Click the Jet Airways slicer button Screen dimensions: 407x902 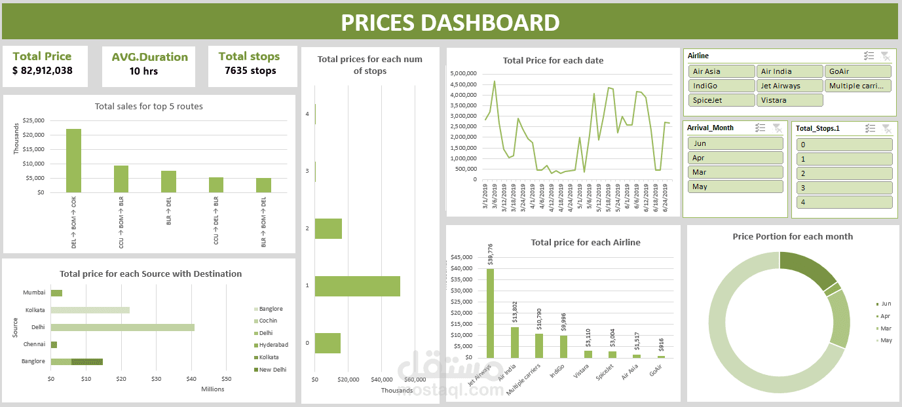[x=789, y=86]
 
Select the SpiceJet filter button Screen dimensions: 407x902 [x=721, y=100]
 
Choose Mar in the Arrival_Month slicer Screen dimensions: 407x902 [x=735, y=172]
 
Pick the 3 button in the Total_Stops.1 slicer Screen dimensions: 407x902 [x=844, y=188]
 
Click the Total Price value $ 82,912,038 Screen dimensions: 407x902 [x=43, y=71]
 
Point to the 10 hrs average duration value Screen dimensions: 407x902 [x=143, y=71]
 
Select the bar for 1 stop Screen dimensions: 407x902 [x=357, y=286]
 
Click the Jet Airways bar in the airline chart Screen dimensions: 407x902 [x=490, y=313]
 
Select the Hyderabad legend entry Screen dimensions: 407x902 [x=273, y=345]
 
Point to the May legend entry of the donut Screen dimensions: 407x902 [x=886, y=340]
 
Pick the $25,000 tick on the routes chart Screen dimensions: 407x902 [x=33, y=120]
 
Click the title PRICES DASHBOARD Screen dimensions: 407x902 [x=451, y=22]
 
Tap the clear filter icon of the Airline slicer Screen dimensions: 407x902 [x=885, y=56]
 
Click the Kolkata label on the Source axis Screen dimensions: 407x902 [x=35, y=310]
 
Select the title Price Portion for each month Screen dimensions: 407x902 [x=793, y=236]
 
